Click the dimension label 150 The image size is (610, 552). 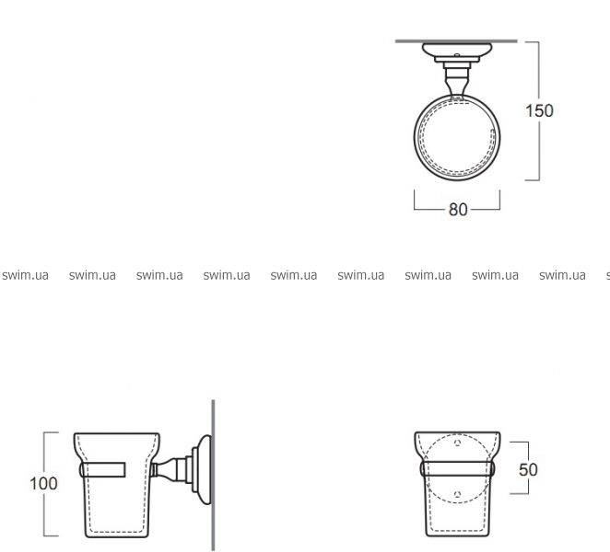point(539,111)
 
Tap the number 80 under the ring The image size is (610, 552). point(458,210)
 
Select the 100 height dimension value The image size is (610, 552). point(43,484)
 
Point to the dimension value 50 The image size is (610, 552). point(528,470)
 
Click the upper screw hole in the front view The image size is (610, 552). point(457,443)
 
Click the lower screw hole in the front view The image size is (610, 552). point(457,494)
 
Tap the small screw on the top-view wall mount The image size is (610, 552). point(457,55)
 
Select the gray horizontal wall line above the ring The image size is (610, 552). point(456,40)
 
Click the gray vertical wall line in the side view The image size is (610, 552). point(213,475)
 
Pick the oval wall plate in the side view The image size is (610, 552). point(205,469)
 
